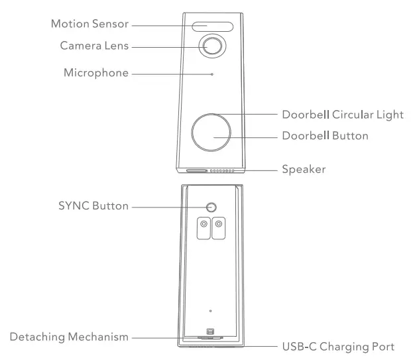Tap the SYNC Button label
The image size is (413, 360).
click(92, 207)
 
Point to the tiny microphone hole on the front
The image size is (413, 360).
click(212, 74)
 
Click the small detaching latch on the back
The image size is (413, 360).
click(210, 331)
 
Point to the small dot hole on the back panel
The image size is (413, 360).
click(209, 311)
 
